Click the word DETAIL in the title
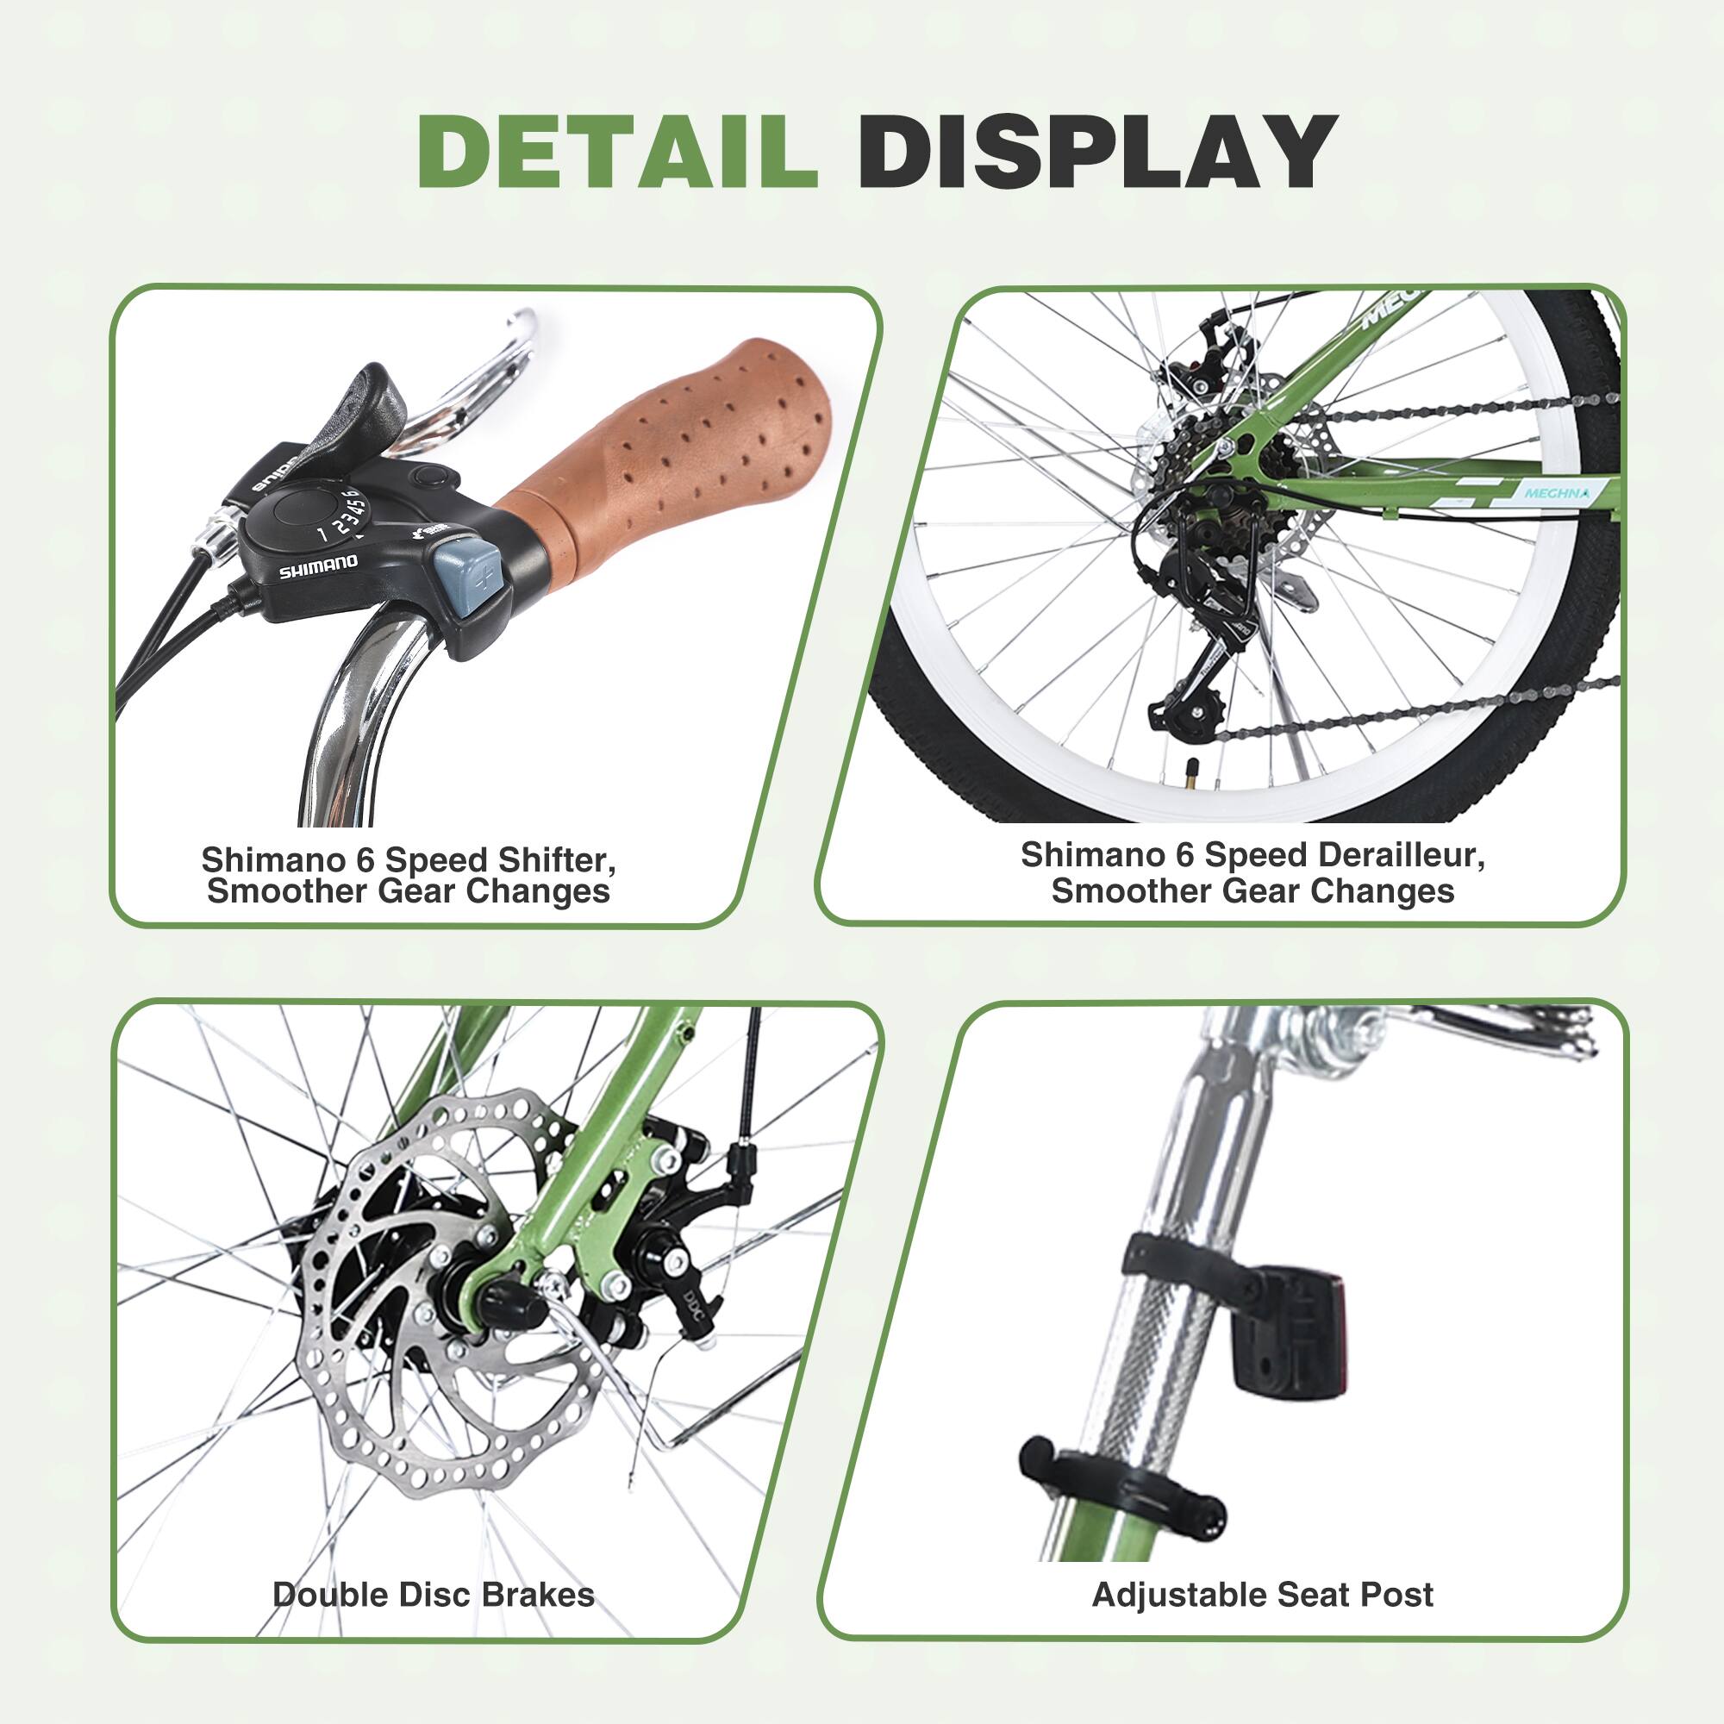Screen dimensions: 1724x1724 point(616,151)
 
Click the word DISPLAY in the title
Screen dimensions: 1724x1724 point(1096,151)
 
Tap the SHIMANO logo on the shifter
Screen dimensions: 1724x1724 point(319,565)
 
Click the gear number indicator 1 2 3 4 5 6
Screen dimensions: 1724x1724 point(338,515)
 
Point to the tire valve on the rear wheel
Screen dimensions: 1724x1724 point(1190,778)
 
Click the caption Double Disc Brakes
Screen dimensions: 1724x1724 point(433,1594)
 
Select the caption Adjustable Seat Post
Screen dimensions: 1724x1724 point(1262,1594)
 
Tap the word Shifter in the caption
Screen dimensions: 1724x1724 point(557,860)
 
